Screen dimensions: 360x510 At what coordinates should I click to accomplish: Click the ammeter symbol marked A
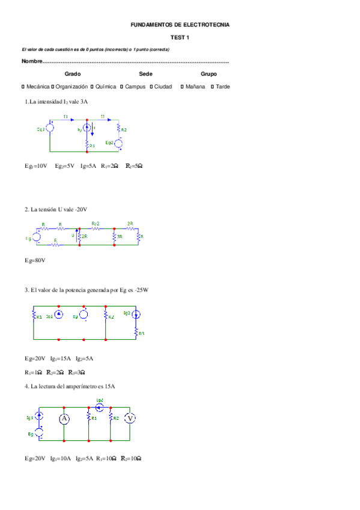click(x=64, y=419)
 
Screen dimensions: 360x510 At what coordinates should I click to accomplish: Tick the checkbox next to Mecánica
click(x=23, y=87)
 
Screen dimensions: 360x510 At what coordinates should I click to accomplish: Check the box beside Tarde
click(x=212, y=87)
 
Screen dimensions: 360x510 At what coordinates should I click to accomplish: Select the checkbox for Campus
click(x=121, y=87)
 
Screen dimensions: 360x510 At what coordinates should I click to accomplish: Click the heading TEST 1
click(x=180, y=37)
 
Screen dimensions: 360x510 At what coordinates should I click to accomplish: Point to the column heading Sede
click(x=145, y=74)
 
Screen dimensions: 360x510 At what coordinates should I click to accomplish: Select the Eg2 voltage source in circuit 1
click(x=119, y=143)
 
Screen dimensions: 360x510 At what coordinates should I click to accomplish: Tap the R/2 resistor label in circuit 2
click(x=96, y=224)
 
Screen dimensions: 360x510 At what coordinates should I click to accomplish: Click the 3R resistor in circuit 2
click(x=114, y=237)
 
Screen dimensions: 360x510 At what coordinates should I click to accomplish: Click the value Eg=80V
click(x=35, y=260)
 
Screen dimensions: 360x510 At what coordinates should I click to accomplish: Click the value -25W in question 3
click(x=141, y=290)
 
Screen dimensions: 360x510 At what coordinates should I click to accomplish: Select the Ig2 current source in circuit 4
click(x=100, y=407)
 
